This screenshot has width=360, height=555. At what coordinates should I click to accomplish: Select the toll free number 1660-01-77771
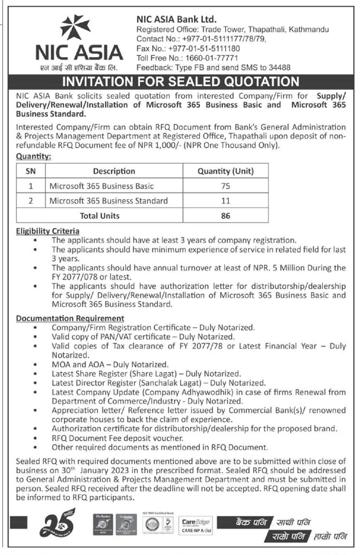tap(211, 58)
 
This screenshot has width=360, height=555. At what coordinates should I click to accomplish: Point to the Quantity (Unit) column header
tap(225, 171)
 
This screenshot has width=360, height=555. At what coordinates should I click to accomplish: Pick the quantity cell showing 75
tap(225, 186)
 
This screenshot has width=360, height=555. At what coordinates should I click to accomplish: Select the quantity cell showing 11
tap(225, 201)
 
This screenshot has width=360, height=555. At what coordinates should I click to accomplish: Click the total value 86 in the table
tap(225, 216)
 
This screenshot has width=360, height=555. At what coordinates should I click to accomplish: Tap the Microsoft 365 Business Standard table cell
tap(109, 201)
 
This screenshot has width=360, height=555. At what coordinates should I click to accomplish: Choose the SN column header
tap(31, 171)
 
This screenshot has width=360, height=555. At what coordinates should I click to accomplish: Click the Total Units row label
tap(99, 216)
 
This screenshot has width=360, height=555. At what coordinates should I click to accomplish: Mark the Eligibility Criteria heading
tap(48, 231)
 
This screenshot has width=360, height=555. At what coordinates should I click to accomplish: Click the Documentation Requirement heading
tap(70, 318)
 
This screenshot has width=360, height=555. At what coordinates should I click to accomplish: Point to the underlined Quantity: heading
tap(33, 156)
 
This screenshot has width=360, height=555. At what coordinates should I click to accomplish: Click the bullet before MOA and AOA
tap(35, 365)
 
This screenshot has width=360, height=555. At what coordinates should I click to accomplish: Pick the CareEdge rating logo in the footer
tap(196, 525)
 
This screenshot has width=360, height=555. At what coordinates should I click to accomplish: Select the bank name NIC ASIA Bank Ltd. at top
tap(176, 19)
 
